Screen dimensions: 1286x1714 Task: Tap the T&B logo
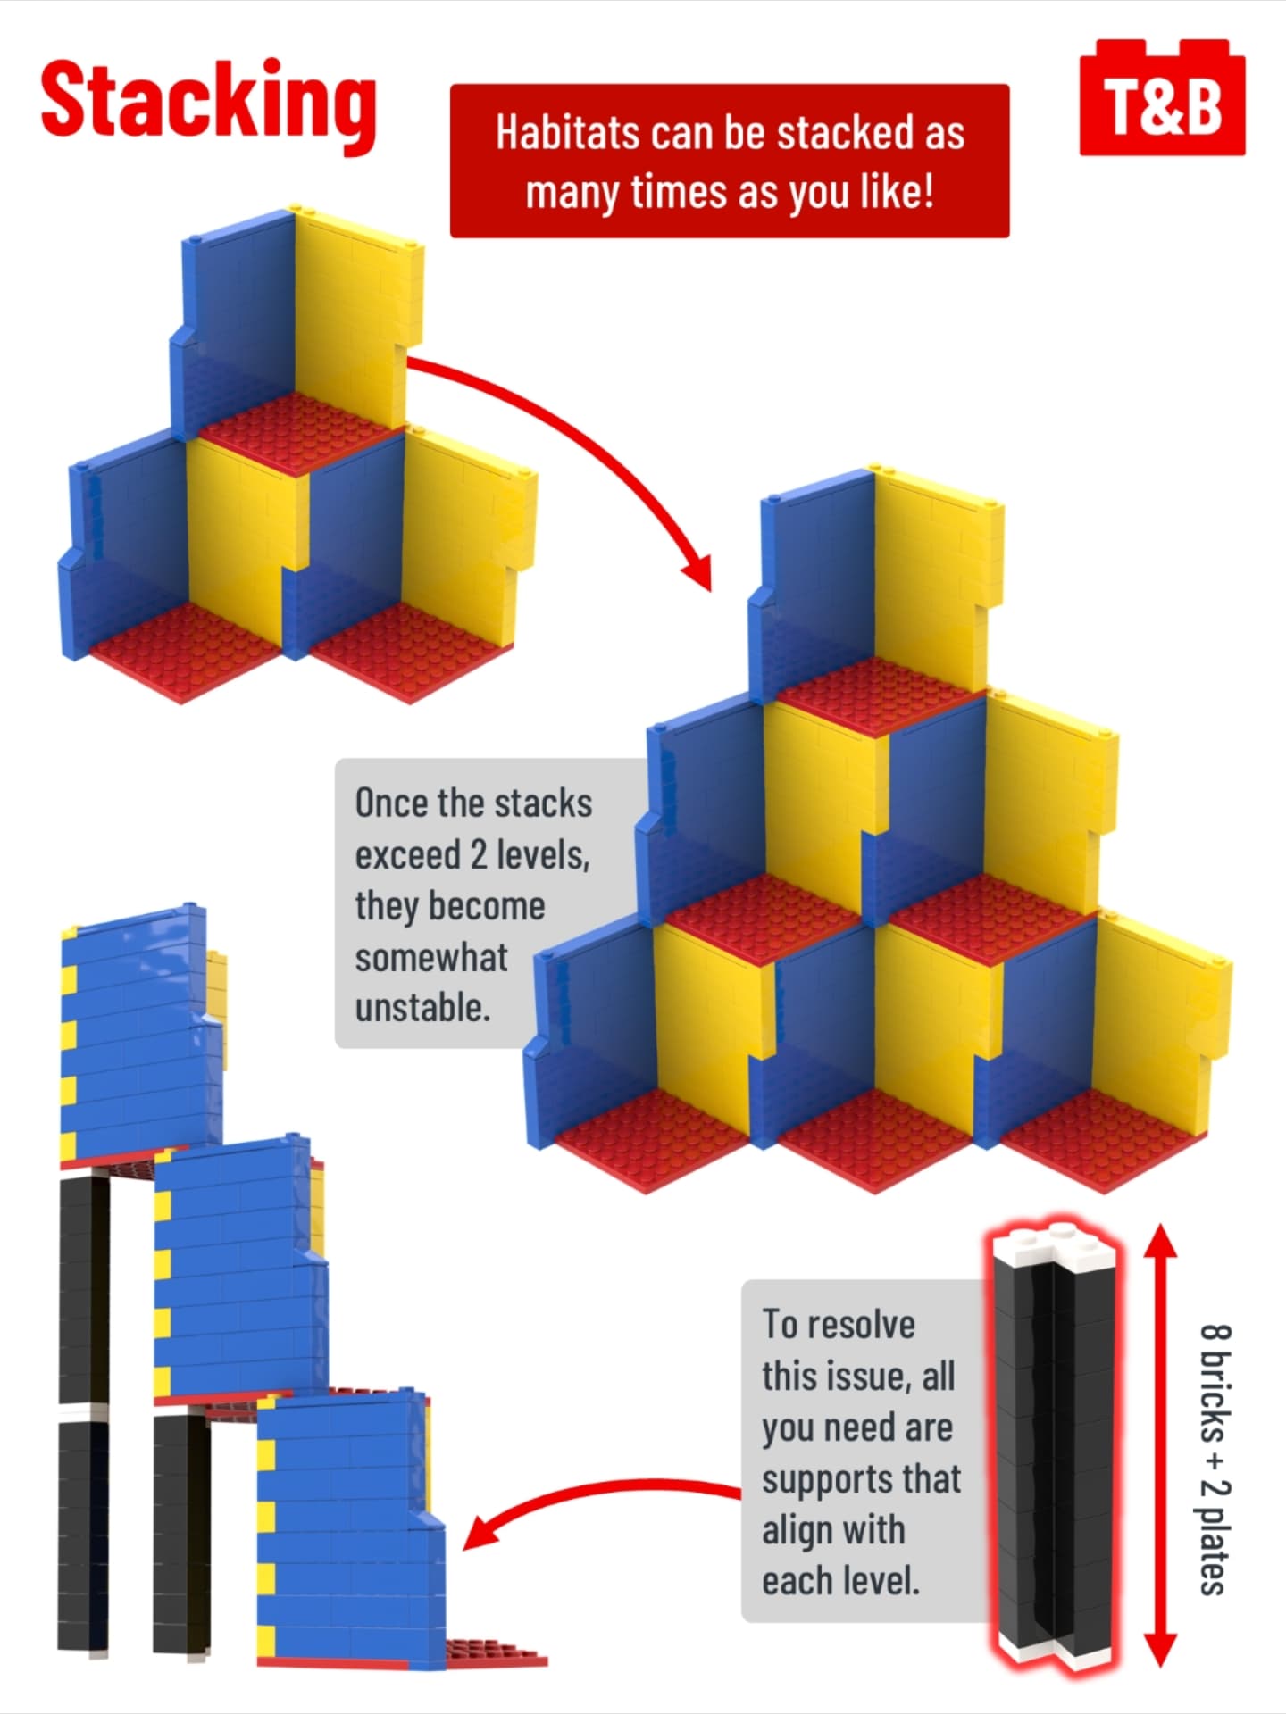click(x=1162, y=98)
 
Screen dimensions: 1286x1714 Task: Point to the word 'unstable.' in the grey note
click(x=423, y=1008)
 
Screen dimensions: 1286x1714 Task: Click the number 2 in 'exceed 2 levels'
click(x=478, y=855)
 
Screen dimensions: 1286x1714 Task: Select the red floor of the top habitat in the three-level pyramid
click(x=880, y=696)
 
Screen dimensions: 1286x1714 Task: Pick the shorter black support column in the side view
click(x=181, y=1535)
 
